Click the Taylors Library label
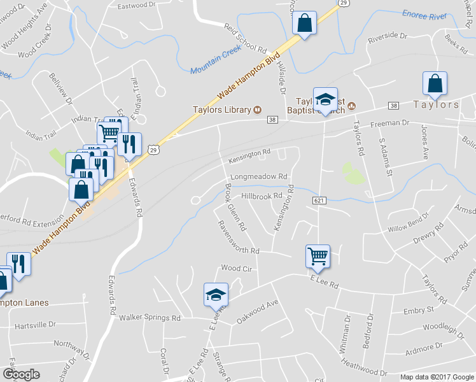222,110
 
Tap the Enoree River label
425,15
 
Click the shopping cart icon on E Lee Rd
318,256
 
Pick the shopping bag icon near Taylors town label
435,83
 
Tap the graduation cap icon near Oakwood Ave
216,295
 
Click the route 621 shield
320,201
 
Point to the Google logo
21,374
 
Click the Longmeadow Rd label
259,176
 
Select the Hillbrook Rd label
262,196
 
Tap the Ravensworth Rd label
239,237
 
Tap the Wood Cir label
237,268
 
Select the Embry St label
418,310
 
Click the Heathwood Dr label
363,367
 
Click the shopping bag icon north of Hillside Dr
305,24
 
